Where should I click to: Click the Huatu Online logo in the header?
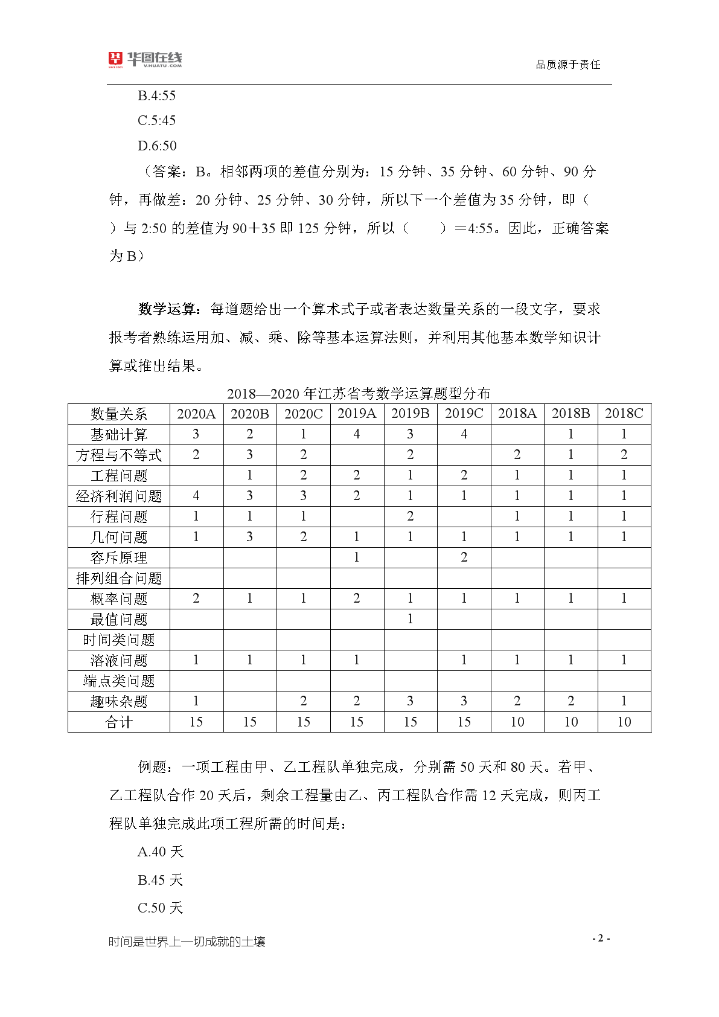[145, 59]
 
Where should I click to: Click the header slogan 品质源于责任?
[567, 65]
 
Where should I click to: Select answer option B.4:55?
[157, 95]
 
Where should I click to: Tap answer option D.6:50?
[157, 146]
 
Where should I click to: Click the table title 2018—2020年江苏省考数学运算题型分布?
[359, 394]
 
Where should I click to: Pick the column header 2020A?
[196, 414]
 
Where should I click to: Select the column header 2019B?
[410, 414]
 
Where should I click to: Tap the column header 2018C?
[624, 414]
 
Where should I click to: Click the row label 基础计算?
[119, 435]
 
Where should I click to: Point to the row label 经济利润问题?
[119, 496]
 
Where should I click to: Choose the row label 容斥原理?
[119, 558]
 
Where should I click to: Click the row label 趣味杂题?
[119, 702]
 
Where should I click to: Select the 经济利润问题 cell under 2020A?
[196, 496]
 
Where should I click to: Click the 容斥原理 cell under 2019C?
[464, 557]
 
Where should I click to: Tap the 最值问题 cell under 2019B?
[410, 619]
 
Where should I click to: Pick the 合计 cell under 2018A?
[517, 722]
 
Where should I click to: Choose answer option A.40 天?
[160, 852]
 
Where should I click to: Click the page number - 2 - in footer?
[601, 938]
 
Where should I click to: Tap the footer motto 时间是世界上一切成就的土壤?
[187, 942]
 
